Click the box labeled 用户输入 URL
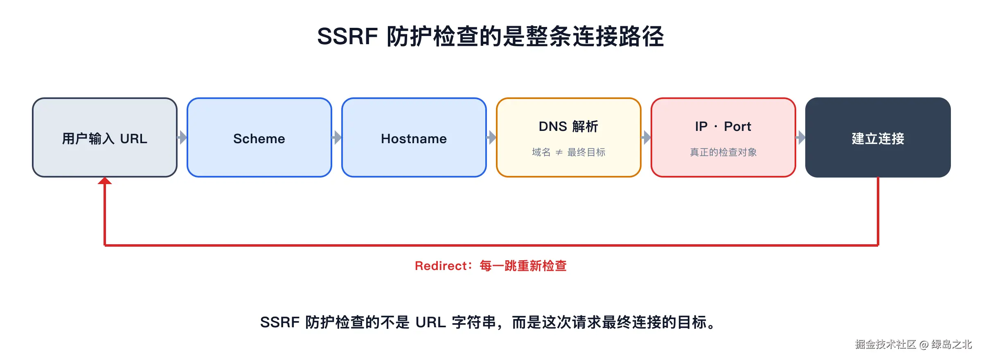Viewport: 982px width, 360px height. [x=105, y=137]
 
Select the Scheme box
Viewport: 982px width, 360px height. [x=259, y=137]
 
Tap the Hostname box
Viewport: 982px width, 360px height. [x=414, y=137]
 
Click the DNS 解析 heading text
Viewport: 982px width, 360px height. [x=568, y=126]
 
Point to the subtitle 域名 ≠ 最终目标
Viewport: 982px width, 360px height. [x=568, y=152]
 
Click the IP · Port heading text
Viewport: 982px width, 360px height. [x=723, y=126]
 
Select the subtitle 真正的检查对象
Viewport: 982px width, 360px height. [x=723, y=152]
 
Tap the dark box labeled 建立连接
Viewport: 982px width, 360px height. [x=878, y=137]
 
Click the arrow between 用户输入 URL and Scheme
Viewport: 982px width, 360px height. [x=182, y=137]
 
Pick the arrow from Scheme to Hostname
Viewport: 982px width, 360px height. [x=337, y=137]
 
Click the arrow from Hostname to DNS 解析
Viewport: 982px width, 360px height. [x=491, y=137]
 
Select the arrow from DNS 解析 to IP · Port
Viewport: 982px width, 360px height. [x=646, y=137]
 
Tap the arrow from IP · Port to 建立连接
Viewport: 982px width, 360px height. [x=801, y=137]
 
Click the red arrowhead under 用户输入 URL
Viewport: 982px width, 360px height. [x=105, y=181]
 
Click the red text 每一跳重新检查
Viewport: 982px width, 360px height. [x=523, y=266]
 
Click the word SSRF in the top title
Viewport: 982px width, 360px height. [x=347, y=36]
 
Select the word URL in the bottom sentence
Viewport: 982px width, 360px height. [x=430, y=322]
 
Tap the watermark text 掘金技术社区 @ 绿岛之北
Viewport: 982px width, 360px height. [x=913, y=344]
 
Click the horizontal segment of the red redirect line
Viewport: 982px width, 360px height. [x=491, y=245]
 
